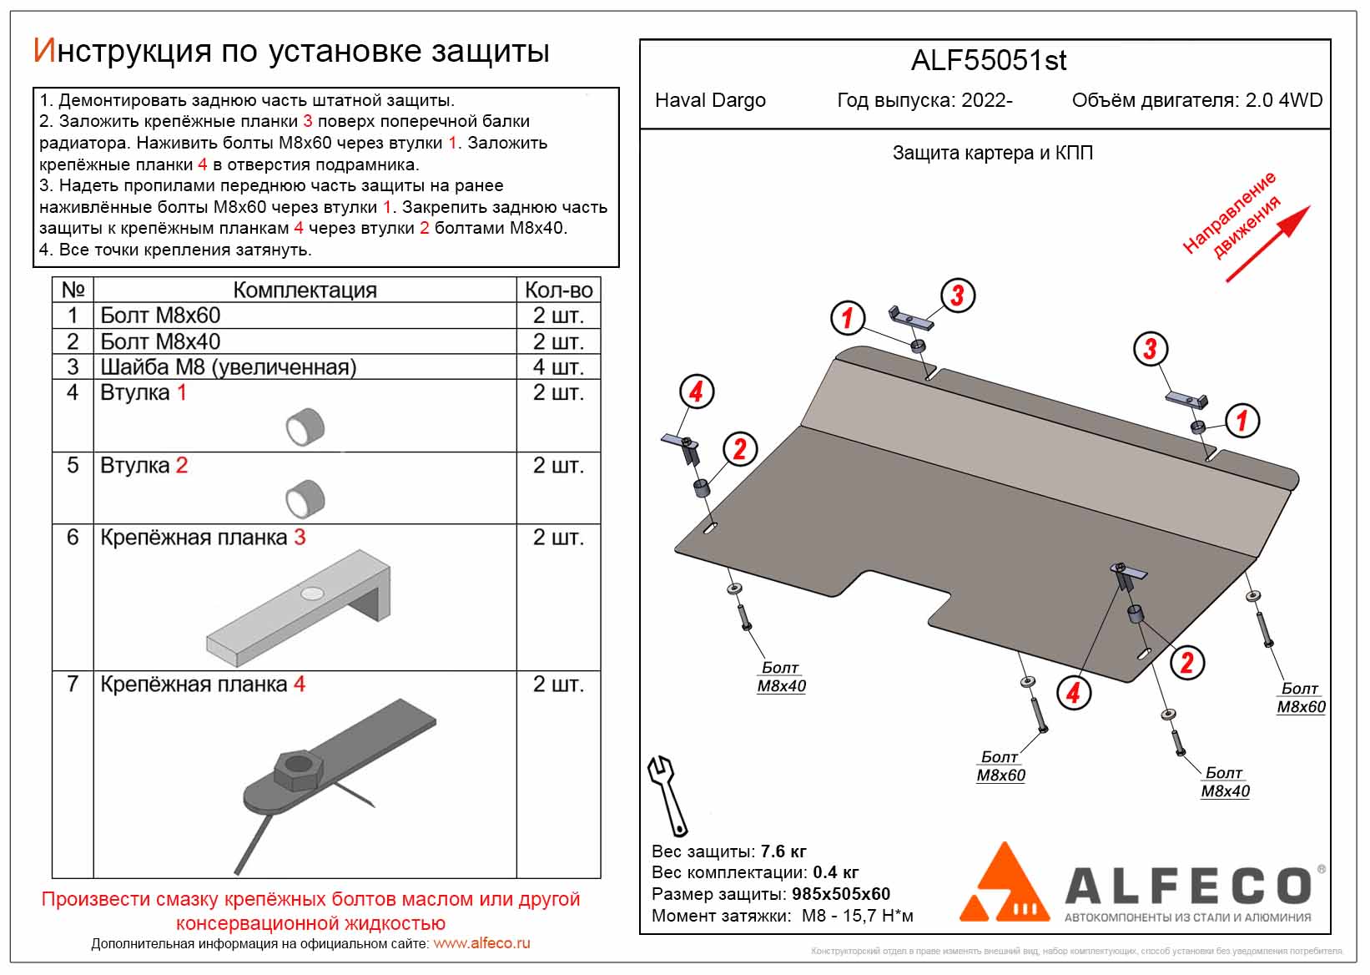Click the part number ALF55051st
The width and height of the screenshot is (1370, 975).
pos(988,61)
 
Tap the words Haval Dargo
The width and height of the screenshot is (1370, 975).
pos(710,101)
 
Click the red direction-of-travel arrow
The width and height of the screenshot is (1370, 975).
pos(1267,244)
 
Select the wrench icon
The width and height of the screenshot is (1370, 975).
pos(667,795)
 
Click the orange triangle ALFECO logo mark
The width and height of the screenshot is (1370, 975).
pos(1004,885)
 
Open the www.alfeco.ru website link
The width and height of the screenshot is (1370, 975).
pos(481,943)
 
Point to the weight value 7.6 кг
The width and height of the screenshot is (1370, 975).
pos(783,851)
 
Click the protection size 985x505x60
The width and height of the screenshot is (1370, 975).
pos(841,894)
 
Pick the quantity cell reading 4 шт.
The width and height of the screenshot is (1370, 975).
pos(558,366)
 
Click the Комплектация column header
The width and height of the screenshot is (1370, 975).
pos(305,290)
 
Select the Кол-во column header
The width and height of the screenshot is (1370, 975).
pos(558,290)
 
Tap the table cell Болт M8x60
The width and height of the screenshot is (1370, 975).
pos(160,316)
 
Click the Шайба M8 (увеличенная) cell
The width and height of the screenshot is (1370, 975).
pos(228,366)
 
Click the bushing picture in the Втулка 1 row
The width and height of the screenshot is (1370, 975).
pos(305,427)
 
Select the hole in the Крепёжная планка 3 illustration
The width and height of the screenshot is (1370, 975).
pos(313,594)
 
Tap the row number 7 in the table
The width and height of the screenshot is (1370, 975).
pos(73,684)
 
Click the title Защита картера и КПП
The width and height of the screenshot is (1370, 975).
pos(992,154)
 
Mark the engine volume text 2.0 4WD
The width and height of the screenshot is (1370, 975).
pos(1283,101)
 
